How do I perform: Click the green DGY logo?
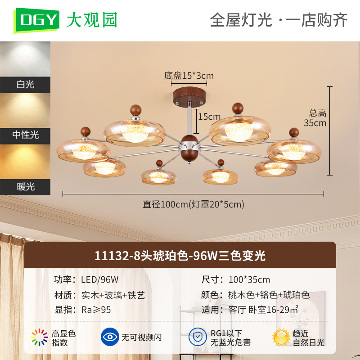pyautogui.click(x=37, y=20)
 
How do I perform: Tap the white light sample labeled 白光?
pyautogui.click(x=25, y=59)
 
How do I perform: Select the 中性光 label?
pyautogui.click(x=26, y=135)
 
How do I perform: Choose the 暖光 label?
pyautogui.click(x=26, y=187)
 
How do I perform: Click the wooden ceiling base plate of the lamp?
pyautogui.click(x=189, y=97)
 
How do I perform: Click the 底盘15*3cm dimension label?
pyautogui.click(x=189, y=76)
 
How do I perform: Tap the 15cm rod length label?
pyautogui.click(x=209, y=117)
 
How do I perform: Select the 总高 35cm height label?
pyautogui.click(x=315, y=118)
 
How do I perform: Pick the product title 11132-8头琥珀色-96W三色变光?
pyautogui.click(x=180, y=256)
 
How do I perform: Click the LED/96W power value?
pyautogui.click(x=100, y=279)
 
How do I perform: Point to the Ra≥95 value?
pyautogui.click(x=96, y=310)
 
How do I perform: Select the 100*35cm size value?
pyautogui.click(x=249, y=279)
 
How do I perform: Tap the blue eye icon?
pyautogui.click(x=110, y=337)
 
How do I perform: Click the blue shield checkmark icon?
pyautogui.click(x=198, y=337)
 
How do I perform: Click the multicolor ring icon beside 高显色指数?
pyautogui.click(x=40, y=337)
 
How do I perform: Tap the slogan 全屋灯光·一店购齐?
pyautogui.click(x=279, y=20)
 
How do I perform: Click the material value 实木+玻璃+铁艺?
pyautogui.click(x=113, y=295)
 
